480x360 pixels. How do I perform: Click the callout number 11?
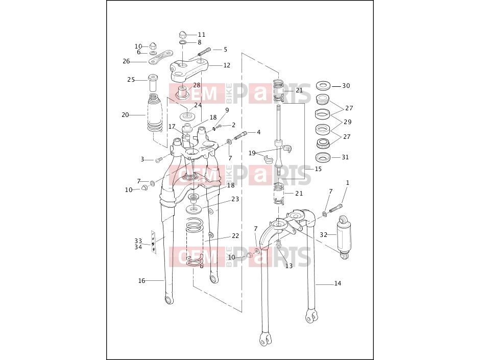tap(201, 35)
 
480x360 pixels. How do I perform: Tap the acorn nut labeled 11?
tap(183, 34)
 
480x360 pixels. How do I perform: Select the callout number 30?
tap(346, 86)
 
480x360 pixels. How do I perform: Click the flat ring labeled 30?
tap(323, 86)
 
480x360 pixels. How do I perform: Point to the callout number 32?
tap(324, 235)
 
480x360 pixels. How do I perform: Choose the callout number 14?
tap(338, 283)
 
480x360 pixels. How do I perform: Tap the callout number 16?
tap(141, 281)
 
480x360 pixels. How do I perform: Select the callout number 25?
tap(131, 80)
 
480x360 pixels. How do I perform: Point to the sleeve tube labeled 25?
tap(153, 82)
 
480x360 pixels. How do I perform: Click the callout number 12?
tap(227, 65)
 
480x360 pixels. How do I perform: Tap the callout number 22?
tap(235, 236)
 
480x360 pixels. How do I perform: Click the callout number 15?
tap(318, 169)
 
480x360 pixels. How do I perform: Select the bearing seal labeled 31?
tap(323, 157)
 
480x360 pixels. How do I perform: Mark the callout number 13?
tap(289, 266)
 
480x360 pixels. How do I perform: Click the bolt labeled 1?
tap(336, 208)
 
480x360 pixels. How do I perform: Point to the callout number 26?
tap(126, 61)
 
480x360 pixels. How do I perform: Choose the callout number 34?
tap(138, 247)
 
